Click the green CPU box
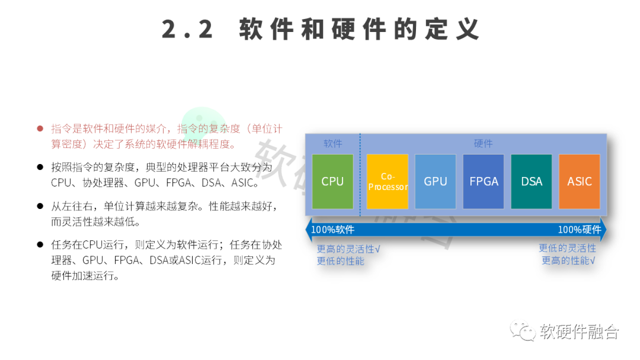click(x=332, y=182)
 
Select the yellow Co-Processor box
click(x=388, y=182)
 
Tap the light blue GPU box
click(x=436, y=182)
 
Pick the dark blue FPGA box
click(x=484, y=182)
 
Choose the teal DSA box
click(x=532, y=182)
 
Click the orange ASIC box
click(x=580, y=182)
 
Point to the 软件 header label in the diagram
click(x=332, y=144)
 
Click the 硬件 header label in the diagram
click(x=483, y=144)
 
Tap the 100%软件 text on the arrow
click(x=333, y=230)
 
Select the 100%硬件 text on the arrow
click(x=579, y=230)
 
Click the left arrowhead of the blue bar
click(x=308, y=230)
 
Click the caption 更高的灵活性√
click(x=348, y=249)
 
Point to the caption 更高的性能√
click(x=568, y=261)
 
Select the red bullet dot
click(x=40, y=128)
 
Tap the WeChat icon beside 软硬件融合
click(x=523, y=332)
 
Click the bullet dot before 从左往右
click(x=40, y=206)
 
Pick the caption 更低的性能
click(x=340, y=261)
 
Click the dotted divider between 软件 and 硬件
click(x=360, y=178)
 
